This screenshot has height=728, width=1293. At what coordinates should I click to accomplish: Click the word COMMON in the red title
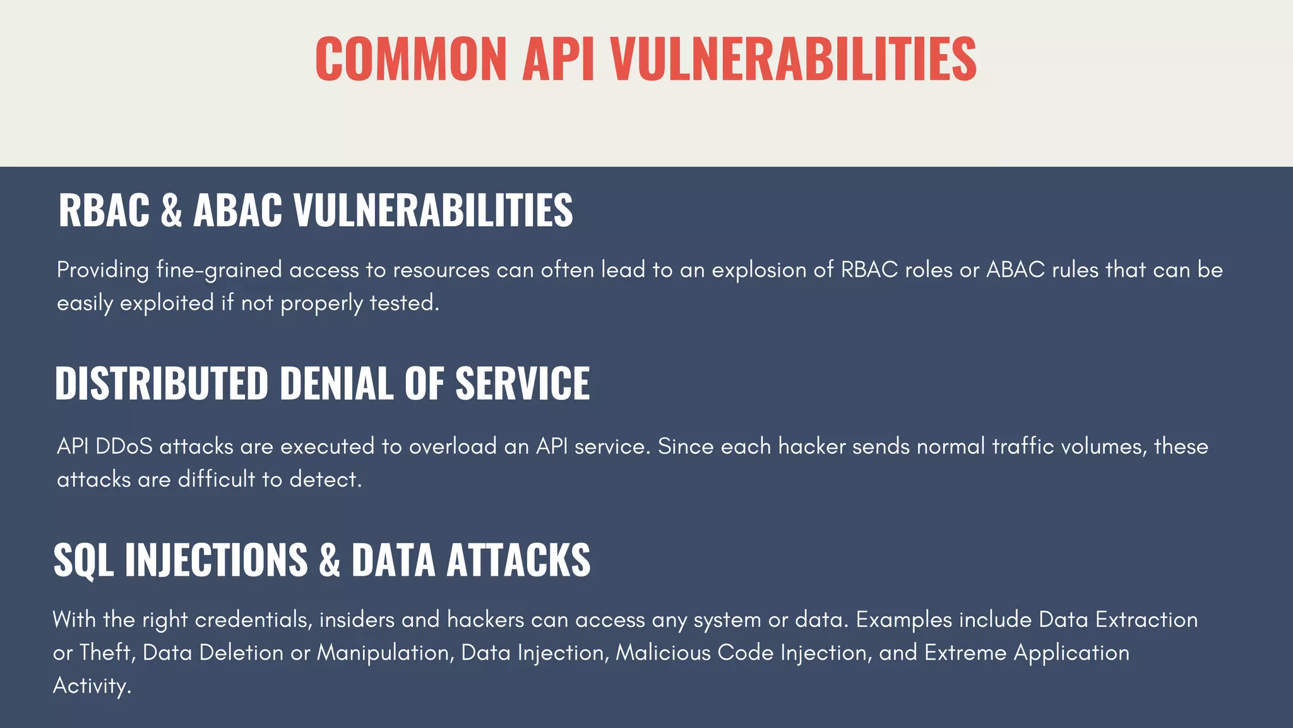coord(411,59)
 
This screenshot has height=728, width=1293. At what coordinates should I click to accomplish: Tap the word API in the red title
coord(558,59)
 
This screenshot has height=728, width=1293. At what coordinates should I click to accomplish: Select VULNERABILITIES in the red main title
coord(794,59)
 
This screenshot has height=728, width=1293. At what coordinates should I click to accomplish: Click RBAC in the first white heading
coord(104,210)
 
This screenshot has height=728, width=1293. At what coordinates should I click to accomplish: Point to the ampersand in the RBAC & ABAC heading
coord(171,210)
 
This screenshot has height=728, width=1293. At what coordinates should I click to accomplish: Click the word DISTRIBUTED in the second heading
coord(162,384)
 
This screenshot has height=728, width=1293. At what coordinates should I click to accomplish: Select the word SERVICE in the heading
coord(522,384)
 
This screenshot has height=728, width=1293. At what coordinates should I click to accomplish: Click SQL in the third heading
coord(83,561)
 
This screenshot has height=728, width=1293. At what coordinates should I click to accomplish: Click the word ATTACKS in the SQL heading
coord(518,561)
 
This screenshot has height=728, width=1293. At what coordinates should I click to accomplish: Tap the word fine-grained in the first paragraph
coord(218,270)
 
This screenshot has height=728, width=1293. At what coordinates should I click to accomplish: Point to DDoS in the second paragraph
coord(124,447)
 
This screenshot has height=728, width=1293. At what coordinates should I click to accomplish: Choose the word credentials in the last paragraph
coord(253,620)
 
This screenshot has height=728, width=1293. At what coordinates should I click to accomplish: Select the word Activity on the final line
coord(91,686)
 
